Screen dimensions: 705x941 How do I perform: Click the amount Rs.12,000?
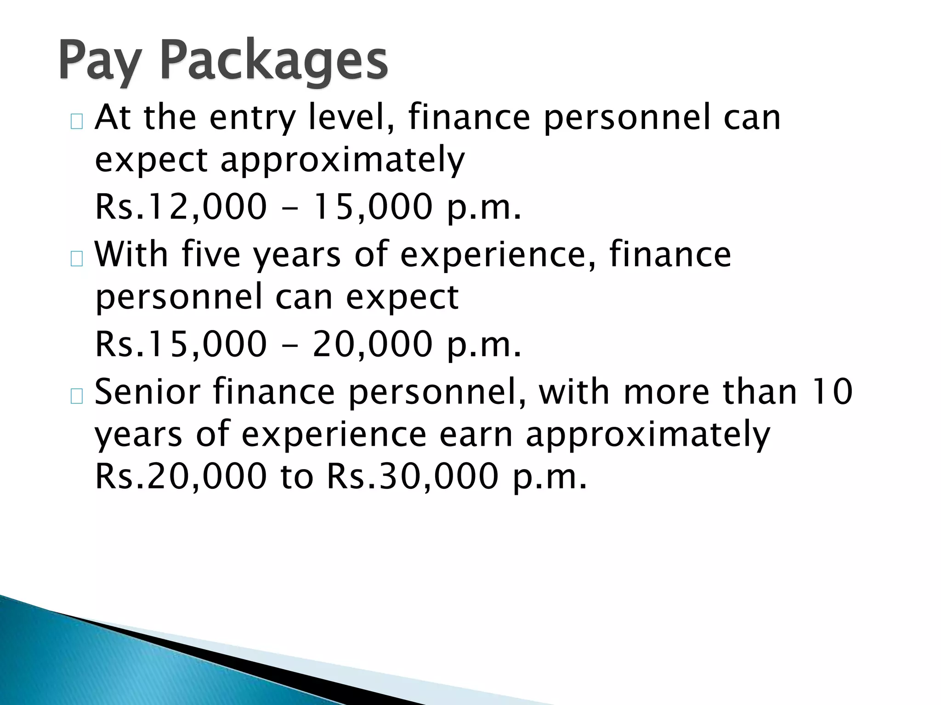click(181, 207)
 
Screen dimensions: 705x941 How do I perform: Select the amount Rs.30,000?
click(413, 476)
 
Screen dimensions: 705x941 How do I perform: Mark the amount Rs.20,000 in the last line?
click(181, 476)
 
